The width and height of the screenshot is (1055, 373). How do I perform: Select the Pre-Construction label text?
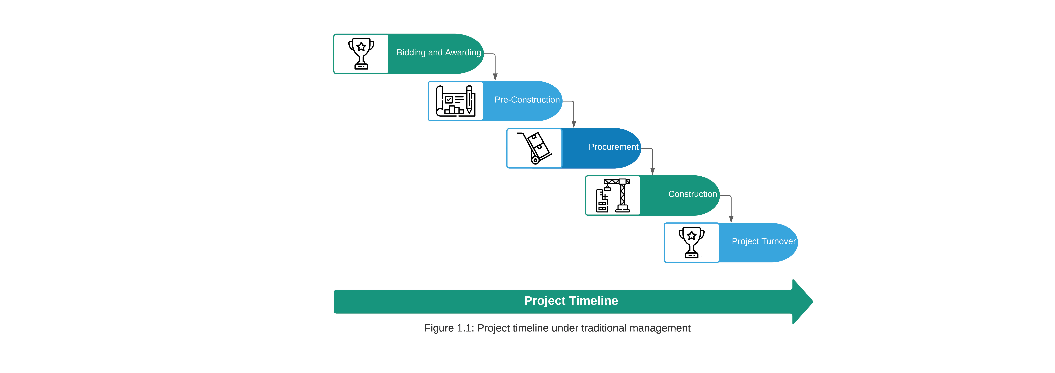coord(527,100)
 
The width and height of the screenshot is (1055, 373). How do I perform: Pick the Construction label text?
coord(693,194)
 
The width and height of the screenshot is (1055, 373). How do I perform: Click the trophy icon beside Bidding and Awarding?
coord(361,54)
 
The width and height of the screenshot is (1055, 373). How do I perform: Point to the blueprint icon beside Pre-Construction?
coord(455,101)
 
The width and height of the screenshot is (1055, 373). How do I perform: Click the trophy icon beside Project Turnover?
coord(692,242)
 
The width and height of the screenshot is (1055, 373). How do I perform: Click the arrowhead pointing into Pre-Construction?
coord(495,77)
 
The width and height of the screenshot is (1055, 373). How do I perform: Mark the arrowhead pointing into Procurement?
coord(574,124)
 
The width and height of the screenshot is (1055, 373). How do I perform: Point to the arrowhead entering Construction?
coord(652,171)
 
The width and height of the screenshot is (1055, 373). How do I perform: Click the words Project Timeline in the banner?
coord(571,301)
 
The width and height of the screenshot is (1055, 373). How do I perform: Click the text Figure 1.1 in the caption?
coord(449,328)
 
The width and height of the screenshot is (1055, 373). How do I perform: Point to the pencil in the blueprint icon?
coord(469,100)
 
